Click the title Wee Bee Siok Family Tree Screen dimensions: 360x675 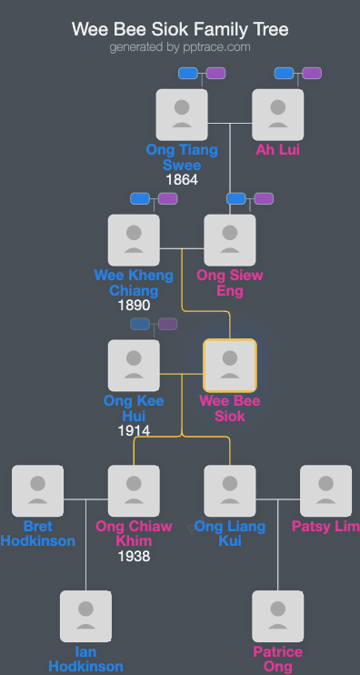coord(180,29)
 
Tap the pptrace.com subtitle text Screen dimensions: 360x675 coord(180,47)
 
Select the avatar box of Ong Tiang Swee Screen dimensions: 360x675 coord(182,115)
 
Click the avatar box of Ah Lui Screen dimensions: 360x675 coord(277,115)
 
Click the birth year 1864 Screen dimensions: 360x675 coord(182,180)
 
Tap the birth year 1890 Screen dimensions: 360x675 coord(134,306)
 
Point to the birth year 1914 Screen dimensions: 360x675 coord(134,431)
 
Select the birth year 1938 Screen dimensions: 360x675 coord(134,557)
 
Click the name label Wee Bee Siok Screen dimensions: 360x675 coord(230,408)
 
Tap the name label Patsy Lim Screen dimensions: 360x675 coord(325,527)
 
